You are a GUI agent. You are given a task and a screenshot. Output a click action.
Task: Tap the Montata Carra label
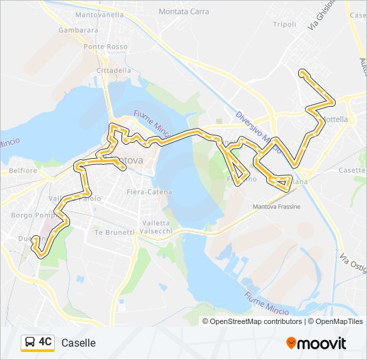pyautogui.click(x=183, y=11)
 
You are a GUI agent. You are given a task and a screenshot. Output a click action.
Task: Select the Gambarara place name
pyautogui.click(x=78, y=30)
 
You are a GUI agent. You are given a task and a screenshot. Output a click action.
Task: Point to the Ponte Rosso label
pyautogui.click(x=105, y=47)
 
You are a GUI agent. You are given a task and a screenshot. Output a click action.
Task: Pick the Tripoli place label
pyautogui.click(x=284, y=24)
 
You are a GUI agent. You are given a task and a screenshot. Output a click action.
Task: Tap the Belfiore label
pyautogui.click(x=23, y=171)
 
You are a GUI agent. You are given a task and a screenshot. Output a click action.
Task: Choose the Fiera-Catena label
pyautogui.click(x=149, y=192)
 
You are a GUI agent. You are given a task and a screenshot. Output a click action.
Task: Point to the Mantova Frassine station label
pyautogui.click(x=276, y=207)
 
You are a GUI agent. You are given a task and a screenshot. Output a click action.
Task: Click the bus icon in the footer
pyautogui.click(x=30, y=343)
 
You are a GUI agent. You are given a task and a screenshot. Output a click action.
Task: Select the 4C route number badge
pyautogui.click(x=45, y=342)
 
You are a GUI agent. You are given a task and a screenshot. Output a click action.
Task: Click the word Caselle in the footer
pyautogui.click(x=79, y=343)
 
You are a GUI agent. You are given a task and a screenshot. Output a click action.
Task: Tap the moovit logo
pyautogui.click(x=316, y=343)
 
